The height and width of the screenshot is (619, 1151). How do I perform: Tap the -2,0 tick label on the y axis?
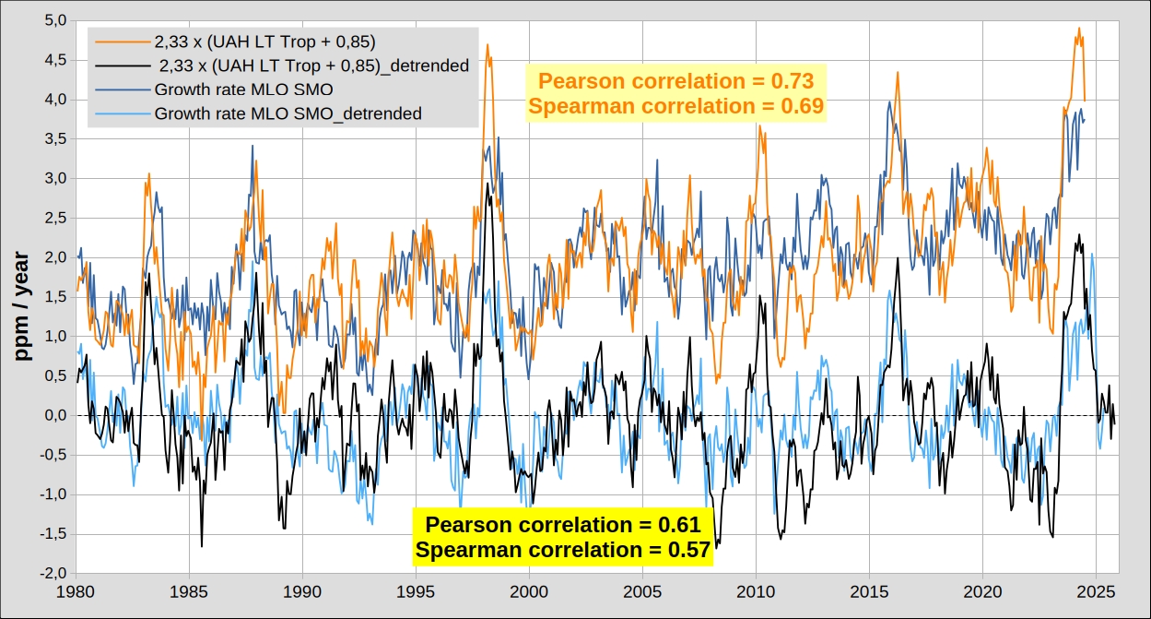point(53,574)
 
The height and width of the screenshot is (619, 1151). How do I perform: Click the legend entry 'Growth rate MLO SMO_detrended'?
point(288,114)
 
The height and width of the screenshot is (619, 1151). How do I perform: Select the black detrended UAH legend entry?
point(314,65)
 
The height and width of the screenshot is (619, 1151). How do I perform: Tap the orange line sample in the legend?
point(121,42)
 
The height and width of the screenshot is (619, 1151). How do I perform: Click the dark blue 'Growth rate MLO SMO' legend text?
point(243,90)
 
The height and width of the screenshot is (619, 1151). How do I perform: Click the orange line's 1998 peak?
point(487,44)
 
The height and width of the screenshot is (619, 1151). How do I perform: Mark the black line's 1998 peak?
point(487,184)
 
